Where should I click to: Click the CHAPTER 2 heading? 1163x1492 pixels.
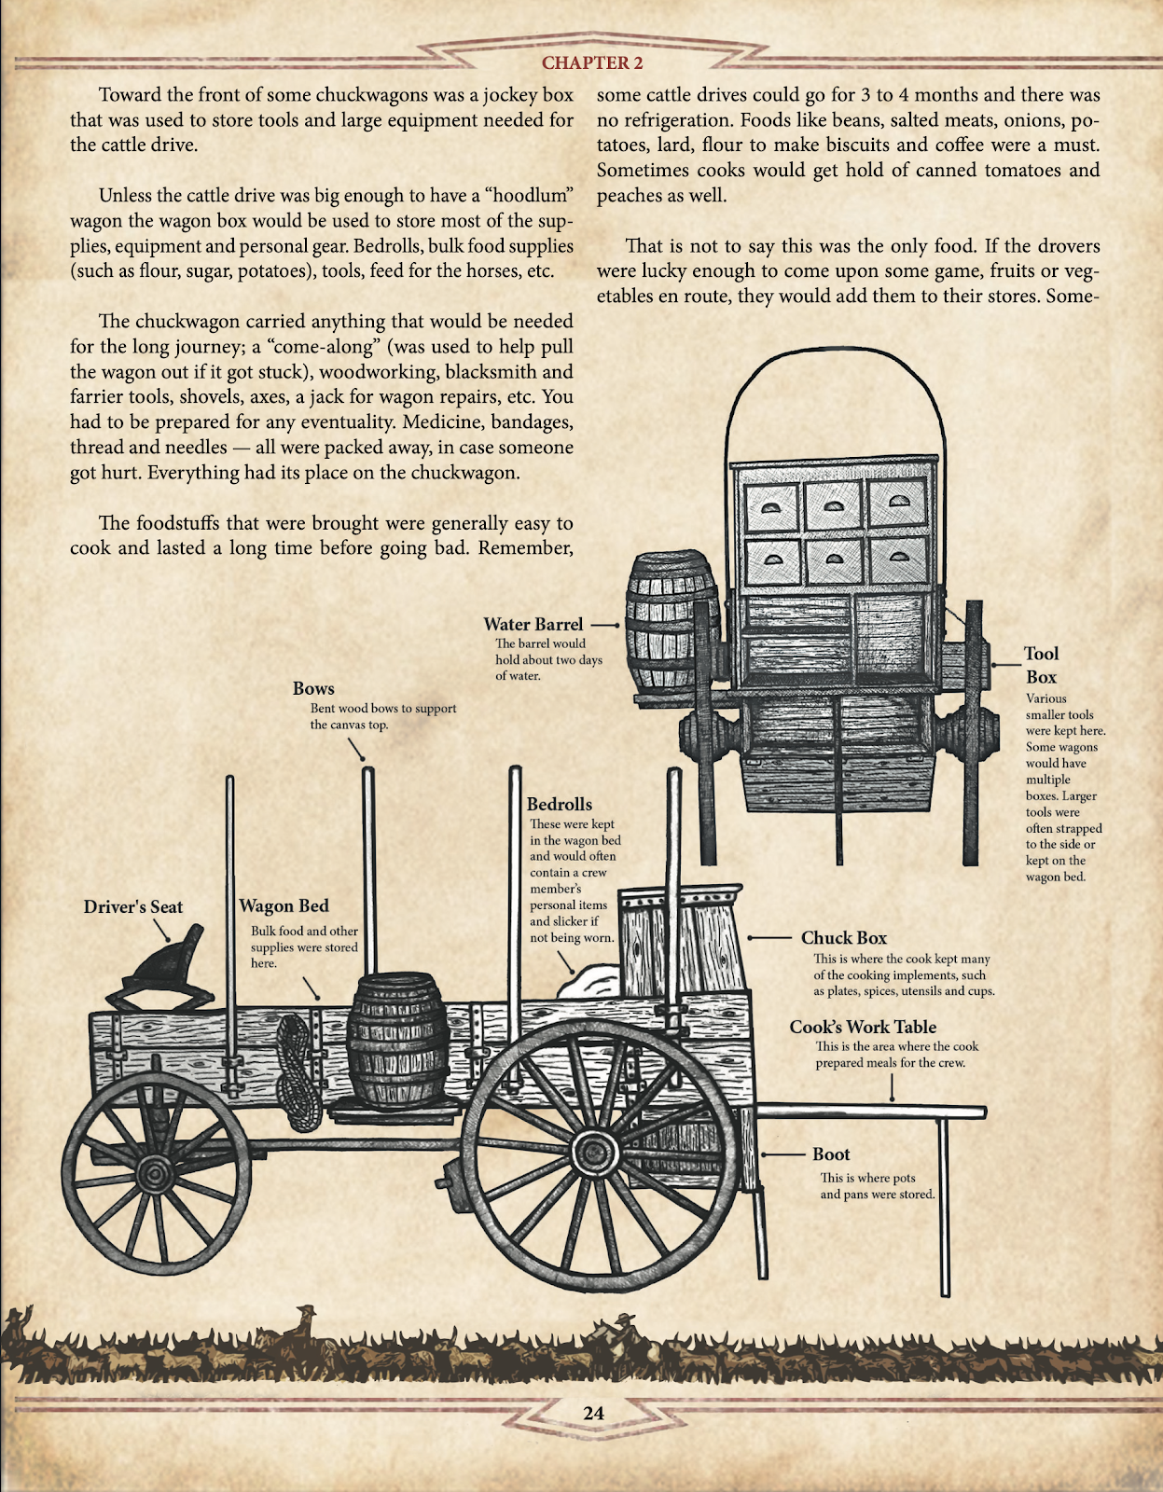click(592, 63)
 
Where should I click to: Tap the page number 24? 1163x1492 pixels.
click(593, 1413)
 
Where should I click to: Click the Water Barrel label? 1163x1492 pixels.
click(533, 625)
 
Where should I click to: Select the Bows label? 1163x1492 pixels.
click(313, 688)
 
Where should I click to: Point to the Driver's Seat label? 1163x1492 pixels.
click(133, 906)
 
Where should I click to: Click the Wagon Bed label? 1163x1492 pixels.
click(284, 905)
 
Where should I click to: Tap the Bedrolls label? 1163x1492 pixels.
click(559, 804)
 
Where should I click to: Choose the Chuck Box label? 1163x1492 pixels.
click(843, 938)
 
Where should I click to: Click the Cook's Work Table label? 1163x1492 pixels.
click(862, 1027)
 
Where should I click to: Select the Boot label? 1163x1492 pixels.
click(830, 1154)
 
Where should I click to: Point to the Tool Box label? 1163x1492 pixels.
click(1041, 665)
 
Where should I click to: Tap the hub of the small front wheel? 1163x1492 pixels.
click(157, 1172)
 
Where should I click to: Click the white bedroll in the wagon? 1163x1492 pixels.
click(589, 983)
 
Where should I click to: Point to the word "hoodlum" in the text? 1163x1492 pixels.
click(529, 196)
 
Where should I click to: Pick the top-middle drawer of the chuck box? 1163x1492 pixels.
click(834, 504)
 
